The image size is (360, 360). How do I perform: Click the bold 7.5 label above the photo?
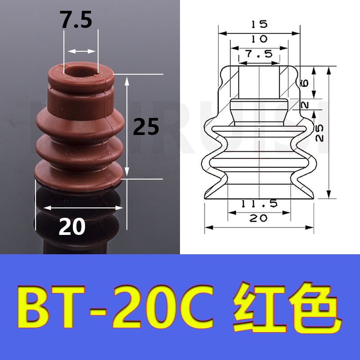tap(76, 20)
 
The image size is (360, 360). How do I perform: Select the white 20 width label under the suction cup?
tap(72, 227)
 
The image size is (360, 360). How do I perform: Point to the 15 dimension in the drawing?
tap(259, 24)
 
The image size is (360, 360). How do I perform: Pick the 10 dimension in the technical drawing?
tap(259, 39)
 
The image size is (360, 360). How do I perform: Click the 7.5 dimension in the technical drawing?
tap(259, 54)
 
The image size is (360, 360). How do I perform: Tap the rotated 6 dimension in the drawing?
tap(305, 83)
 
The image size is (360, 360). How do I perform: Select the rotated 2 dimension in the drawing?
tap(305, 105)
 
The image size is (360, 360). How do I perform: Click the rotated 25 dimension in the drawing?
tap(319, 133)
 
